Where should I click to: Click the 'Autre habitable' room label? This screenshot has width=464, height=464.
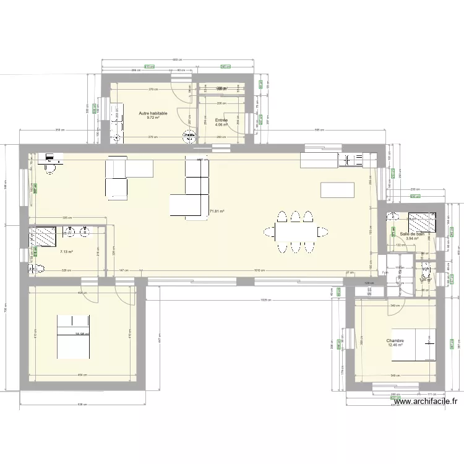click(153, 113)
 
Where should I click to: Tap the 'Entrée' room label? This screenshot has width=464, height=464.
click(221, 120)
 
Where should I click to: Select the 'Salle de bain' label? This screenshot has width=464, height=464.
click(412, 234)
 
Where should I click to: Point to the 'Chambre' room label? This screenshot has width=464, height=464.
click(395, 340)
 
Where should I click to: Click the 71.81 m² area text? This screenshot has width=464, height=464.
click(217, 212)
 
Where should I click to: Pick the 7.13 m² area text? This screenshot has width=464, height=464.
click(66, 252)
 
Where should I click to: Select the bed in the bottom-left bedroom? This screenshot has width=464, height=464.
click(74, 336)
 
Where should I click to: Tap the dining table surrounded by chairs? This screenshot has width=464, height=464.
click(294, 232)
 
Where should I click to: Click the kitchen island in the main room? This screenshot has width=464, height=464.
click(337, 190)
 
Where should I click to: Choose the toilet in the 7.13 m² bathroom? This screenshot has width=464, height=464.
click(37, 269)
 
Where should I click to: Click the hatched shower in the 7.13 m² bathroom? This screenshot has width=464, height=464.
click(44, 236)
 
